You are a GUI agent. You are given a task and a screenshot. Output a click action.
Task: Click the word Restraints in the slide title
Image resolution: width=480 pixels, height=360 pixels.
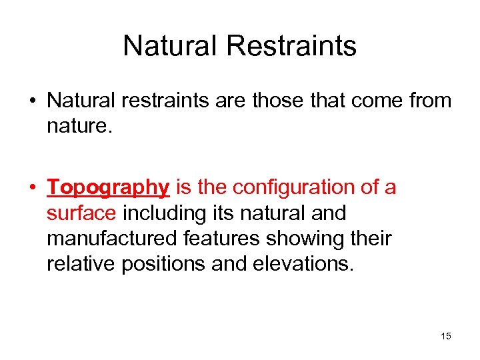(x=292, y=46)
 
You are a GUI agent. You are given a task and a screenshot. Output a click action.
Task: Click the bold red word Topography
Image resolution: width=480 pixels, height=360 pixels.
(x=108, y=188)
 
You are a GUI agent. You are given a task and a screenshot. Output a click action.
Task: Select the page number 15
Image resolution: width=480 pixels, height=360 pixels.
(x=445, y=336)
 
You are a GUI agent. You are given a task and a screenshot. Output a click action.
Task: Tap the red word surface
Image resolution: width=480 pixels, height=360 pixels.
(x=81, y=214)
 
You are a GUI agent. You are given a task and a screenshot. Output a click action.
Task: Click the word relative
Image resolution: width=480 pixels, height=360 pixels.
(x=81, y=263)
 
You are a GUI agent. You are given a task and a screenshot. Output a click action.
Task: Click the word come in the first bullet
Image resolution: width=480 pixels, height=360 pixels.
(x=377, y=101)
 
